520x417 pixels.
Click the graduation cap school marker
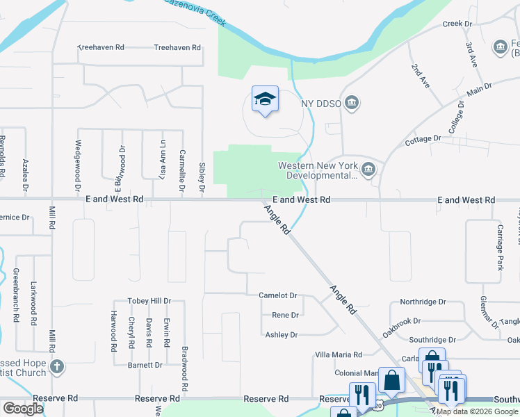264,100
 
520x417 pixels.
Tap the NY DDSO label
321,104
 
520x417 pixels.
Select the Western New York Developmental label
318,170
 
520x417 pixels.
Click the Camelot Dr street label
278,295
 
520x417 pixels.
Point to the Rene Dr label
285,315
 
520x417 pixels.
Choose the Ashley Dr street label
282,335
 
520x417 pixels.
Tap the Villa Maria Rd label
339,354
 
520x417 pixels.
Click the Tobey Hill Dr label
149,301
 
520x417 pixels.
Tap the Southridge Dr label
432,340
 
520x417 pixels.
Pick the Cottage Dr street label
423,139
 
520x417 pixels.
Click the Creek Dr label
457,24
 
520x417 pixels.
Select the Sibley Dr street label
202,177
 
